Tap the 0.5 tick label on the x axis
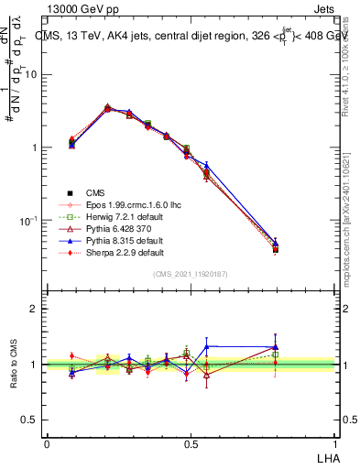pyautogui.click(x=190, y=443)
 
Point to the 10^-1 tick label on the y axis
pyautogui.click(x=28, y=221)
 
